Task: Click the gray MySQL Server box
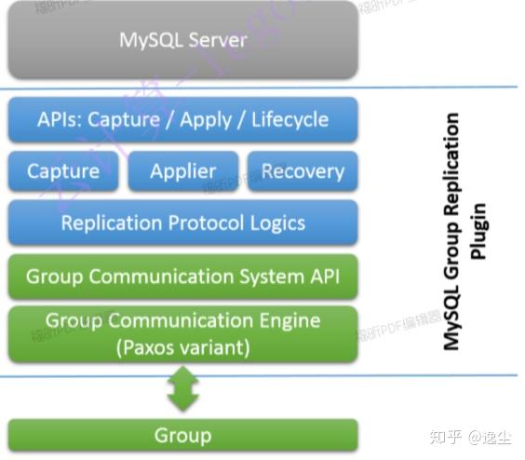click(182, 40)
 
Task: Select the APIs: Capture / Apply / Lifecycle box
click(182, 119)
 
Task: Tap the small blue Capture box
click(62, 171)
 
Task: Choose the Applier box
click(182, 171)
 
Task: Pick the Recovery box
click(303, 171)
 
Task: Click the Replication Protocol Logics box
click(182, 223)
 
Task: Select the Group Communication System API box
click(182, 277)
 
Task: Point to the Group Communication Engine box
click(182, 333)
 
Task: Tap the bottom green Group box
click(182, 436)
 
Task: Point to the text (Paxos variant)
click(182, 347)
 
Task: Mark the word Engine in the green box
click(285, 320)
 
